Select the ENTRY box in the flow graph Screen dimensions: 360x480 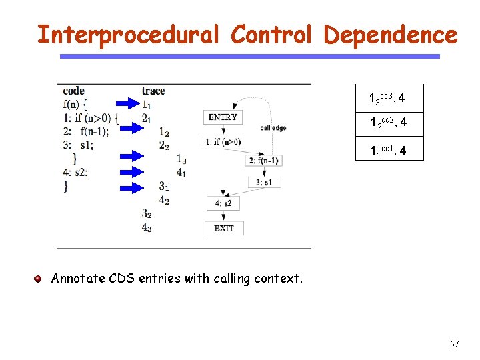[x=223, y=117]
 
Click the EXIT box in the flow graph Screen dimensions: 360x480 [x=223, y=228]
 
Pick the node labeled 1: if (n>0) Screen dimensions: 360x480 [x=223, y=141]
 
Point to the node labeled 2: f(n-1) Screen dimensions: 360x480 [x=263, y=160]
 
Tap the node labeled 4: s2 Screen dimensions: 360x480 [x=223, y=203]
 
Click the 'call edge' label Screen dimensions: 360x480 [x=273, y=128]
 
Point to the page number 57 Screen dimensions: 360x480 [x=455, y=344]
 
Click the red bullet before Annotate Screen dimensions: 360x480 [x=39, y=279]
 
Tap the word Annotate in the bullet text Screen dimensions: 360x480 [x=79, y=279]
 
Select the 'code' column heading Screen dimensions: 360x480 [x=73, y=91]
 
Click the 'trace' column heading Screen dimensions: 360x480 [x=153, y=91]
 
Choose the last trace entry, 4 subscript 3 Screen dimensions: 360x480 [x=146, y=227]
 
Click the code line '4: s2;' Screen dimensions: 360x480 [x=75, y=171]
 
